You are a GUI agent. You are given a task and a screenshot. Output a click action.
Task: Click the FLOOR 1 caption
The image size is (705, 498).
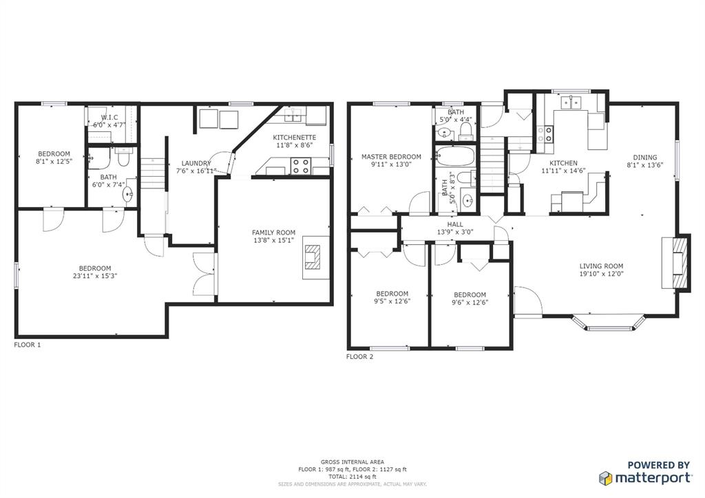(28, 345)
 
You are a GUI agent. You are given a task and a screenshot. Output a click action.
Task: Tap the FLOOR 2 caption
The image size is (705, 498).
(359, 357)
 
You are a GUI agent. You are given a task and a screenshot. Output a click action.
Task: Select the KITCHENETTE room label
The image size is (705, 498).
(295, 138)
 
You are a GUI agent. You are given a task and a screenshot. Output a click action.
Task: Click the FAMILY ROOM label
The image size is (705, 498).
(273, 232)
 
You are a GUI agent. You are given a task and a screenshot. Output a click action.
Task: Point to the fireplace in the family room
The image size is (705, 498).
(312, 257)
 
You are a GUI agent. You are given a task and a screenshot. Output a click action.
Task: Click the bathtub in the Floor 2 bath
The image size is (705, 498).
(456, 155)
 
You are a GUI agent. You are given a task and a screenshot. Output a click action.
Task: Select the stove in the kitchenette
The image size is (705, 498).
(301, 166)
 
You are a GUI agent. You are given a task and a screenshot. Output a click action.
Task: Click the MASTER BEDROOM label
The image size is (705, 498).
(391, 157)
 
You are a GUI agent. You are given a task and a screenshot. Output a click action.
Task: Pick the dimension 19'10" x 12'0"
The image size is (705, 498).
(601, 274)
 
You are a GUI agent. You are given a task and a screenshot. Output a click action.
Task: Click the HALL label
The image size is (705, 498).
(455, 224)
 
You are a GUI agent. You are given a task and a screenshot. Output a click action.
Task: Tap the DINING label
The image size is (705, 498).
(644, 158)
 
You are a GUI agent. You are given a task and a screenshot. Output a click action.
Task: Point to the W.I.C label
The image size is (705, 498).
(109, 117)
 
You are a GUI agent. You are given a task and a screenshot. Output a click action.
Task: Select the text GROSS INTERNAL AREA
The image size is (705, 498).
(352, 462)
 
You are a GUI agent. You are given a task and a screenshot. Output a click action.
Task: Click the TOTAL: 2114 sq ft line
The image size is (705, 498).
(352, 477)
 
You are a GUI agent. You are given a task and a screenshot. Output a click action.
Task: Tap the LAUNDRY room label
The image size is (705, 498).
(196, 164)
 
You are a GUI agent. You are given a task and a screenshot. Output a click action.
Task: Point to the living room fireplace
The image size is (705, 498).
(676, 263)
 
